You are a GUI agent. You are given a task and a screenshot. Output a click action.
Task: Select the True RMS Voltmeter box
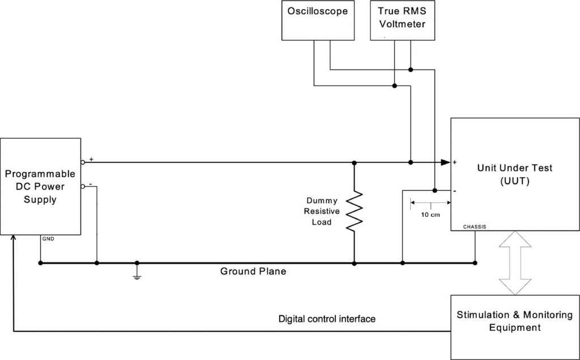pyautogui.click(x=402, y=20)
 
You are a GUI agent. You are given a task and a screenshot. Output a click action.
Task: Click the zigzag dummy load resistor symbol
pyautogui.click(x=354, y=211)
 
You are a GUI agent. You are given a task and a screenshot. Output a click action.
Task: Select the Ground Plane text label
pyautogui.click(x=253, y=272)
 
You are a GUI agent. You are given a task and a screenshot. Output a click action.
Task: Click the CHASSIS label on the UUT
pyautogui.click(x=475, y=226)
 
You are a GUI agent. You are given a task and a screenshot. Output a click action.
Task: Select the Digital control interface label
pyautogui.click(x=327, y=319)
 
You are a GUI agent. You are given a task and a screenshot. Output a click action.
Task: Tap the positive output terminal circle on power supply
pyautogui.click(x=83, y=162)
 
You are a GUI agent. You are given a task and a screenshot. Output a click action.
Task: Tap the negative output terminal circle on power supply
pyautogui.click(x=83, y=186)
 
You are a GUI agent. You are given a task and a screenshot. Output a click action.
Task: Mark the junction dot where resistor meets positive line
pyautogui.click(x=354, y=162)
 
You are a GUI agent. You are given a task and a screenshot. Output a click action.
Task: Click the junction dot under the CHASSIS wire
pyautogui.click(x=475, y=263)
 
